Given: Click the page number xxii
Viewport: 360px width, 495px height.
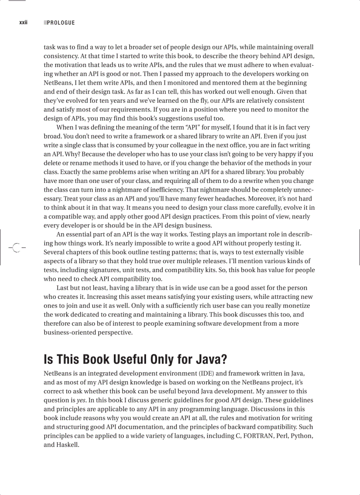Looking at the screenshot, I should point(23,22).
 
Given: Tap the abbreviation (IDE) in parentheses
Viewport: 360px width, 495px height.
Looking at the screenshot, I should point(205,373).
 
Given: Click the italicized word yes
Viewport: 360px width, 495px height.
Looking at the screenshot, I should point(81,400).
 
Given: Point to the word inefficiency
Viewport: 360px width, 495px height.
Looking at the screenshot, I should point(162,190).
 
